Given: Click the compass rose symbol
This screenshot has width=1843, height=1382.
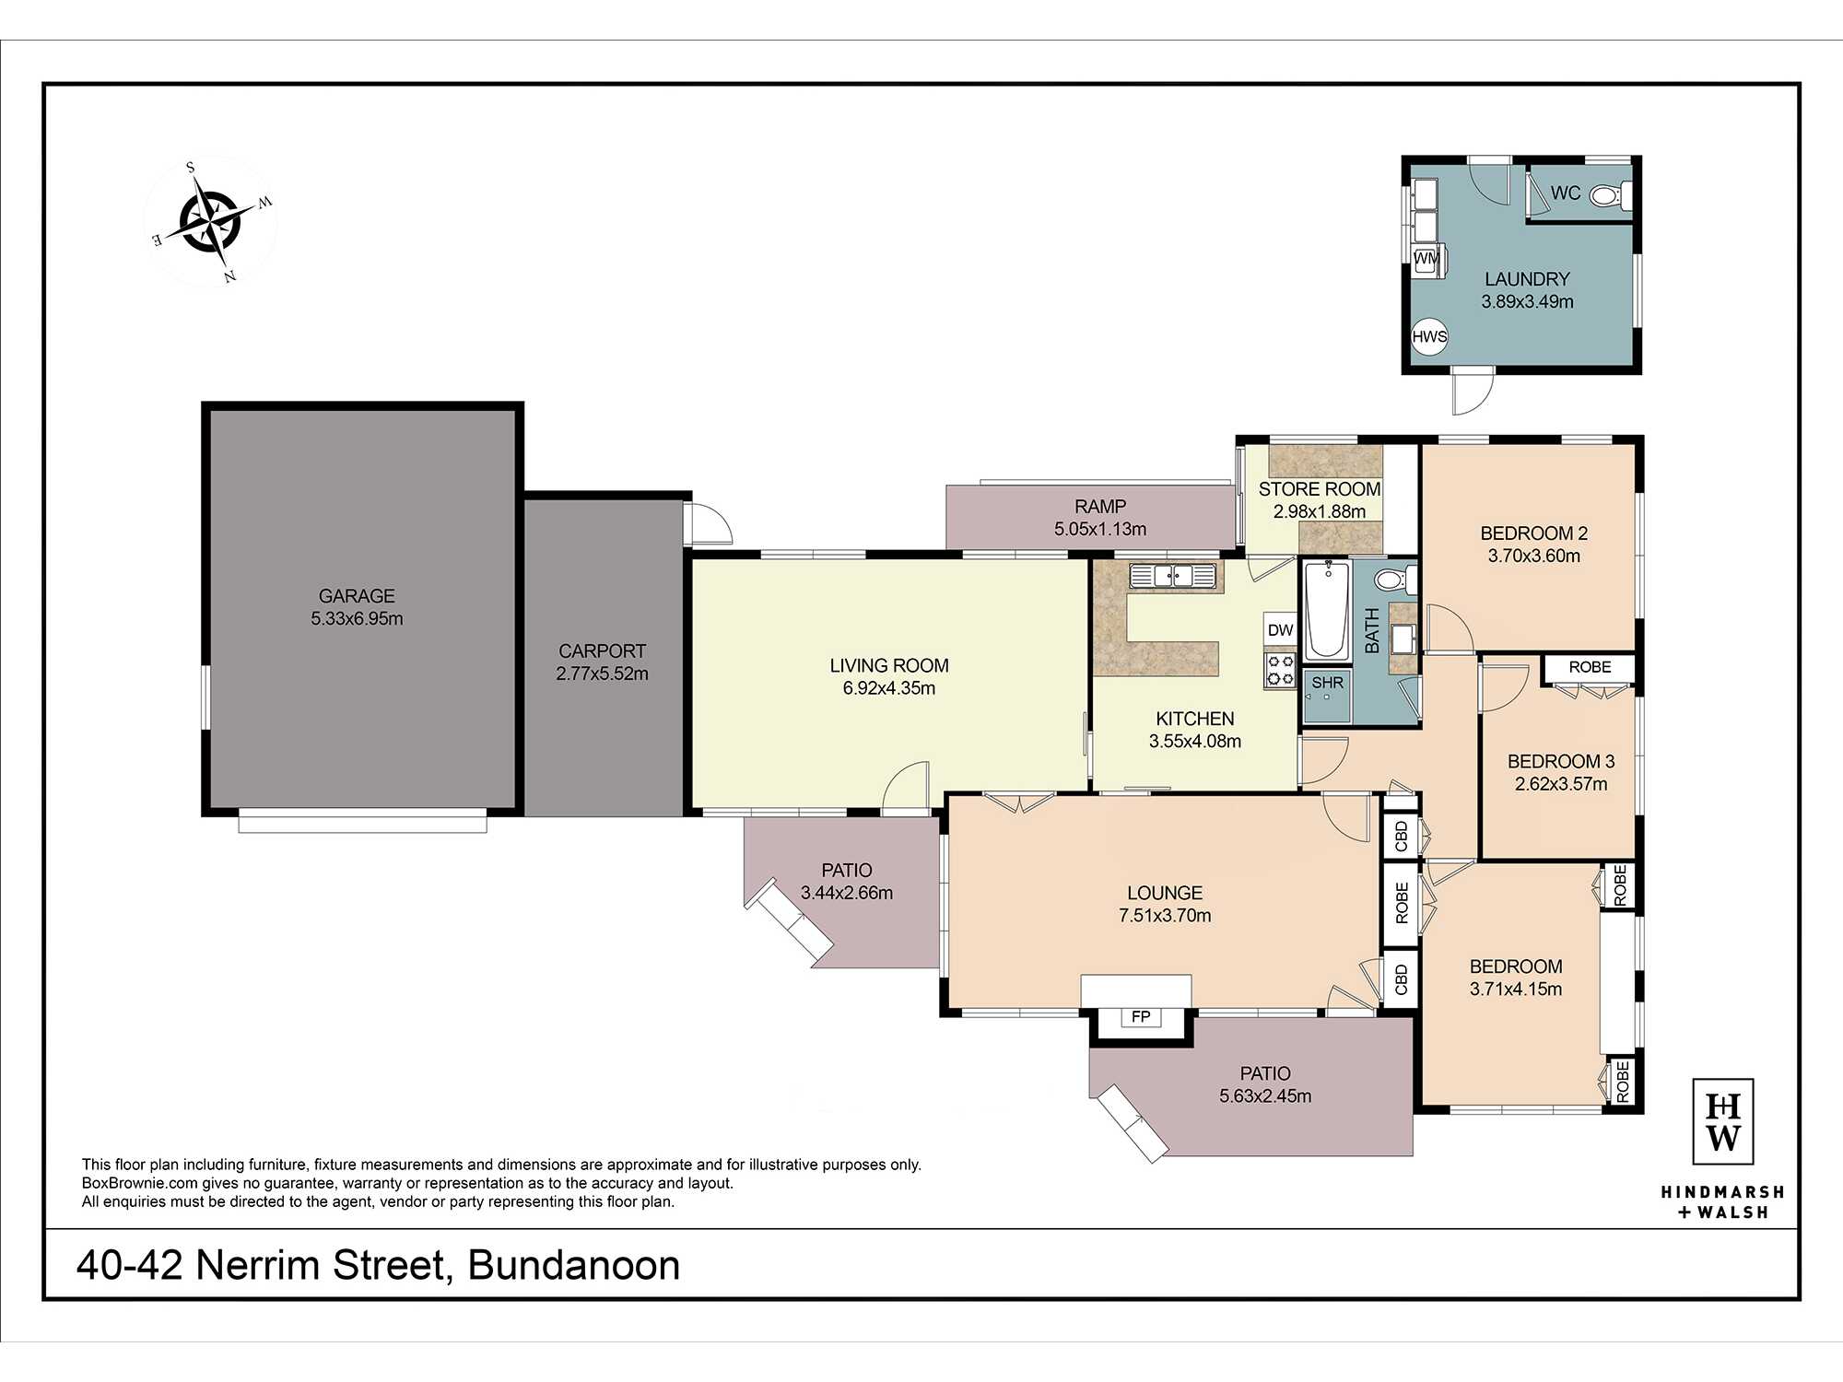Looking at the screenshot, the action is tap(211, 221).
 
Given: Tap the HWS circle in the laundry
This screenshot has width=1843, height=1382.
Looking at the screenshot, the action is tap(1429, 336).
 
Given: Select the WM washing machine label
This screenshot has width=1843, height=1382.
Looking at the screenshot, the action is tap(1426, 259).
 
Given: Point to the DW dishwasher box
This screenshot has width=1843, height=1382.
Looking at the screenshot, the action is tap(1280, 630).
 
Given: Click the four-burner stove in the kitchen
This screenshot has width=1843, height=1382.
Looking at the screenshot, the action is tap(1280, 671).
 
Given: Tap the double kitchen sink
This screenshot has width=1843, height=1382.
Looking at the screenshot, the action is tap(1173, 576).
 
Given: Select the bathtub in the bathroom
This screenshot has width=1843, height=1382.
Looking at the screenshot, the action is tap(1327, 610).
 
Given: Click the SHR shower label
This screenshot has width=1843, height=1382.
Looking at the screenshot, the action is tap(1327, 683).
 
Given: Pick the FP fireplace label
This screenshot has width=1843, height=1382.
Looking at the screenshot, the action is tap(1141, 1016).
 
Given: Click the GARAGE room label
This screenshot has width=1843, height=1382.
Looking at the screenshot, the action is tap(357, 596).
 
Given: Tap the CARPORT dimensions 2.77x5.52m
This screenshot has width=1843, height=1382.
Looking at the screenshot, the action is tap(602, 673).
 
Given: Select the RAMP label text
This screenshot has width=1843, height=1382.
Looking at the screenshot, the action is tap(1100, 507).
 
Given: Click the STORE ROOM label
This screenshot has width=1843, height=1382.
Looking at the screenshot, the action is tap(1320, 489).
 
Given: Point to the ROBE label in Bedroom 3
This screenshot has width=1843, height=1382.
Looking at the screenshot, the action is tap(1590, 667).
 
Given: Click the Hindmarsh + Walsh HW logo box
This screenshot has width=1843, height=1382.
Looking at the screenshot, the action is tap(1722, 1121).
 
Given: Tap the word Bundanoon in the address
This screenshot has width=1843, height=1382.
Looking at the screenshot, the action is tap(574, 1265).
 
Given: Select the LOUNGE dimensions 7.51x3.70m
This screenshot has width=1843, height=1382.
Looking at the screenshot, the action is tap(1165, 916).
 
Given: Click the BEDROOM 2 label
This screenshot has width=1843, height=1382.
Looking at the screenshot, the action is tap(1533, 533).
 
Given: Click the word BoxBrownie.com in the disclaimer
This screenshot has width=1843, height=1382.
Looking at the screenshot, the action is tap(140, 1183).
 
